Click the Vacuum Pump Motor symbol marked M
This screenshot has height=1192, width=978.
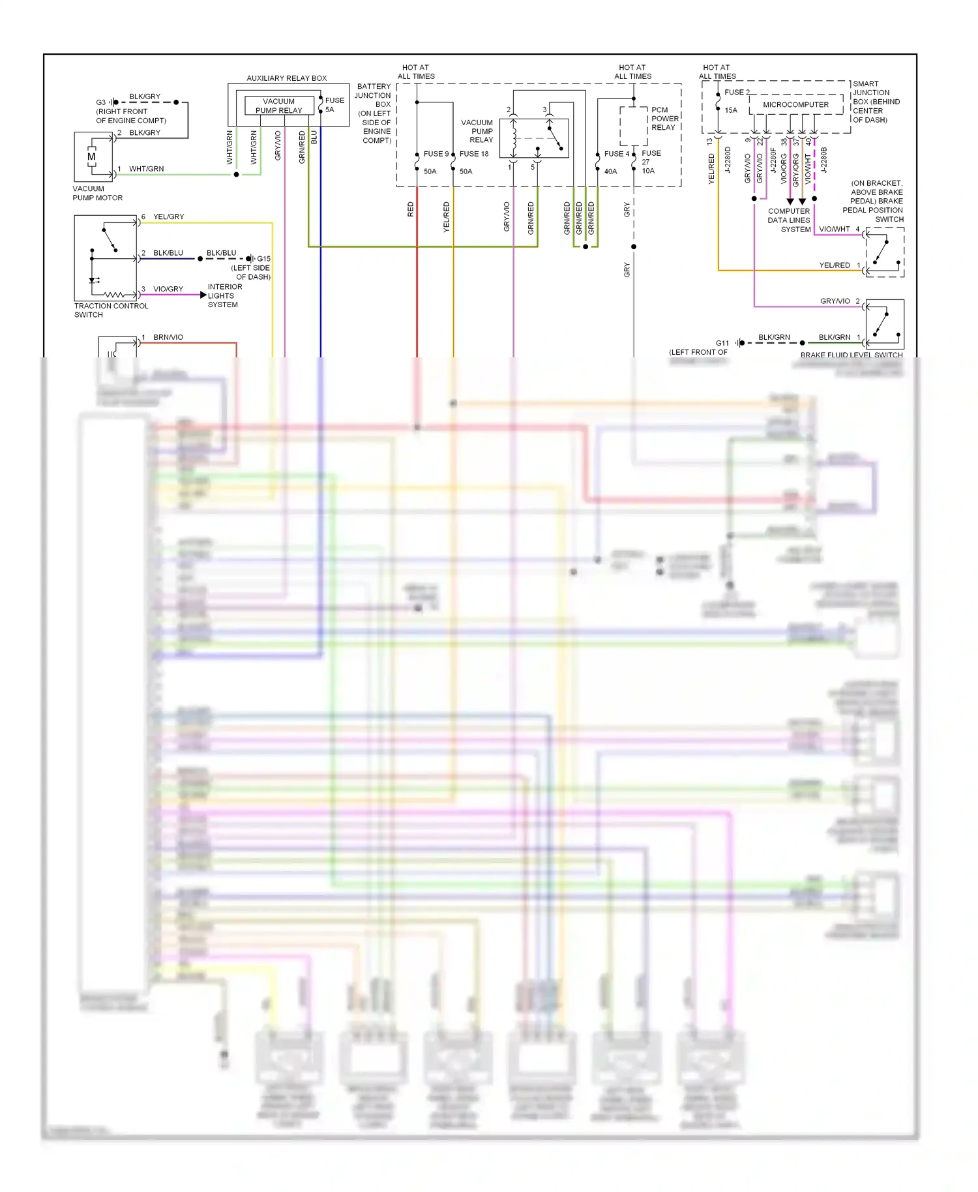click(x=91, y=157)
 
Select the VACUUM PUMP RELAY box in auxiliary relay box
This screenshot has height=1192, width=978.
click(x=279, y=106)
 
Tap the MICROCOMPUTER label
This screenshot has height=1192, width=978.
click(x=795, y=104)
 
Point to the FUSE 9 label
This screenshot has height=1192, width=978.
click(x=436, y=154)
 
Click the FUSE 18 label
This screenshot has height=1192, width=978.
click(x=474, y=154)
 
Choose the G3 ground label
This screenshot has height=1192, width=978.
click(x=100, y=102)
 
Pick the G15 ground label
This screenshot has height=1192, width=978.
click(x=263, y=259)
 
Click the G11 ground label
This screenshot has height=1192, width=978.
click(x=722, y=343)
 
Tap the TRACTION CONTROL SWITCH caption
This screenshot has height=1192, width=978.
click(x=111, y=310)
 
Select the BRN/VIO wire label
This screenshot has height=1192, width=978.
click(x=168, y=337)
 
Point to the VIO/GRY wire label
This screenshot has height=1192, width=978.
click(x=168, y=289)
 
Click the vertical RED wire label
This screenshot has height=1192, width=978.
click(x=411, y=209)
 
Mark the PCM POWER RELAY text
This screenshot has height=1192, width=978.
click(x=664, y=119)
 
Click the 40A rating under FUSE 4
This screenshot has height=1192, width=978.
click(x=610, y=171)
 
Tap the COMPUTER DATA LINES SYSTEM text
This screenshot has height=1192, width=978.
click(x=789, y=220)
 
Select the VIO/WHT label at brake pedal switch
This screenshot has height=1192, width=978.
click(x=835, y=229)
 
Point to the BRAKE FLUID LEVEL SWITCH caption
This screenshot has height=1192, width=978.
click(x=852, y=355)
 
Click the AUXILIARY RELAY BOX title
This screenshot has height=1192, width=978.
click(x=287, y=78)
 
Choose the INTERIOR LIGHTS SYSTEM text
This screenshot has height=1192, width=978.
click(x=224, y=296)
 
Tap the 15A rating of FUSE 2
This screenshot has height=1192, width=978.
click(x=731, y=110)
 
